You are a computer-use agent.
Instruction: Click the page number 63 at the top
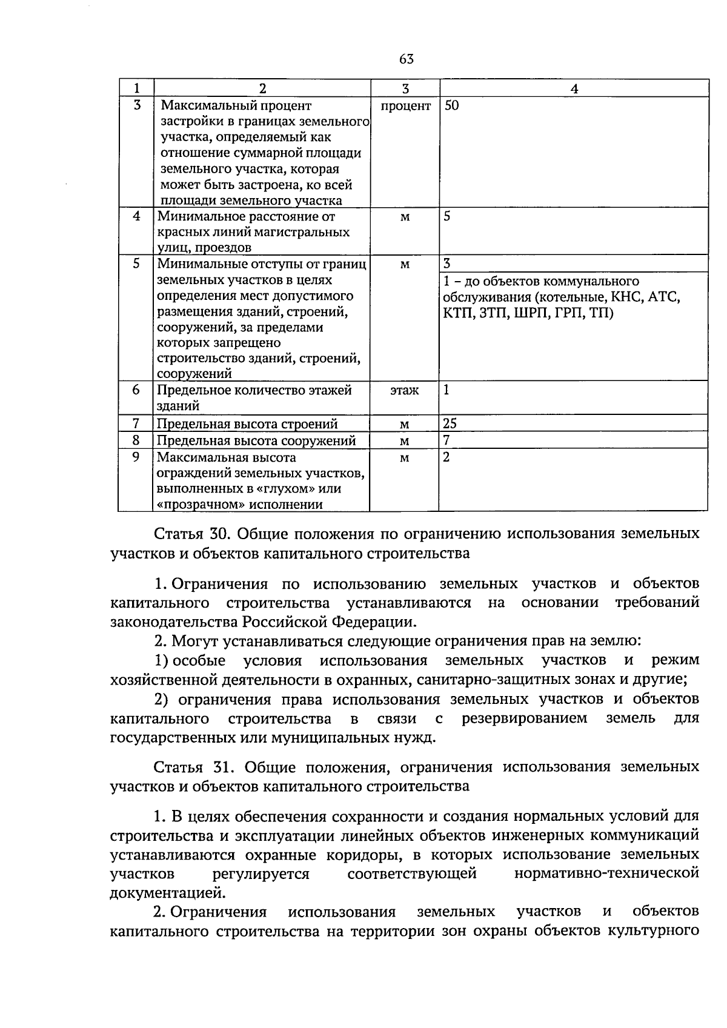407,59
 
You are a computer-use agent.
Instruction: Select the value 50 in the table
452,106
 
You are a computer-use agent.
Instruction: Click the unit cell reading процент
405,107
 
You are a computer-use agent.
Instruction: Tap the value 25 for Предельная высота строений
450,423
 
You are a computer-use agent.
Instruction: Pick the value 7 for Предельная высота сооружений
447,440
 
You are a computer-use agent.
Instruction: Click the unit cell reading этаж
405,390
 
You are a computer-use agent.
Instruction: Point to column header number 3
405,88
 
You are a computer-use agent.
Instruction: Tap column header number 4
574,88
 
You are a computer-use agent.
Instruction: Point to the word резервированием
524,718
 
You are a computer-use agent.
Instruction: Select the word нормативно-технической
606,874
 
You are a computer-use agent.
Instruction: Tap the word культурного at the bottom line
653,932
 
